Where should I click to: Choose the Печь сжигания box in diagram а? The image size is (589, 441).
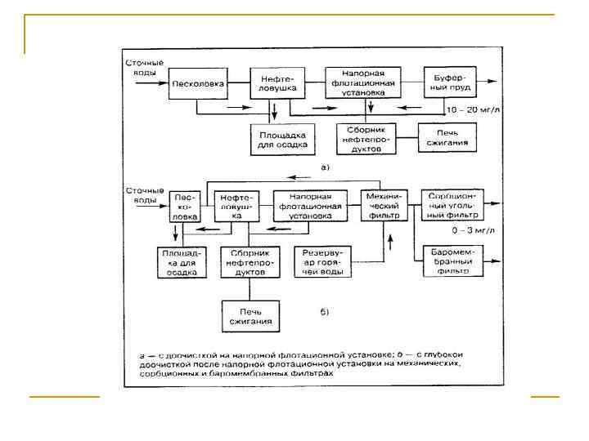click(447, 136)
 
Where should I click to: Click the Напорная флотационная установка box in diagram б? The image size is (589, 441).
click(303, 207)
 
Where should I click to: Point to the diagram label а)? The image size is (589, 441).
click(324, 167)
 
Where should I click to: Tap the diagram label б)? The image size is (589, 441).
click(324, 311)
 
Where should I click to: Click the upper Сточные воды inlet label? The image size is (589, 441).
click(144, 67)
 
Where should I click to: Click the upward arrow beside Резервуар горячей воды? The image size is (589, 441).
click(390, 242)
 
